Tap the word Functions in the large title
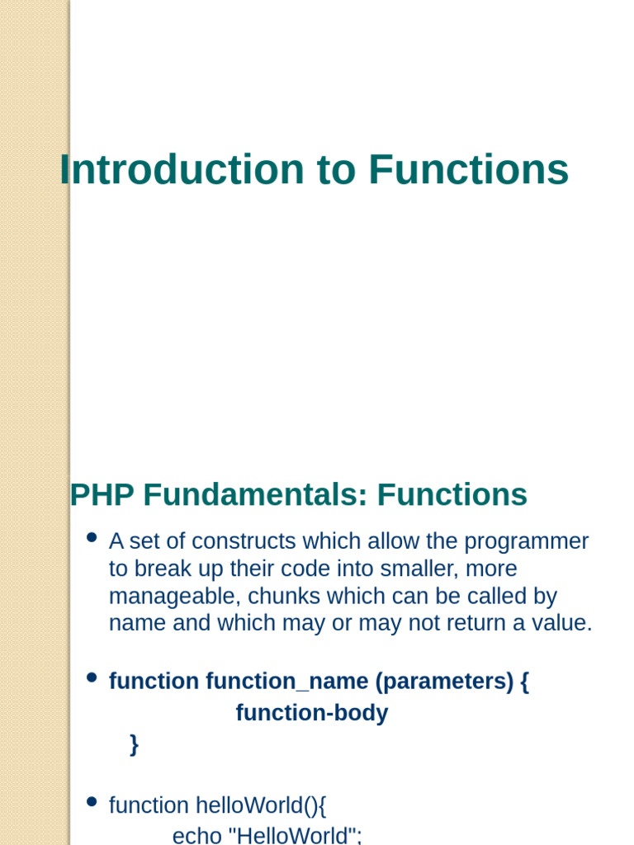[469, 170]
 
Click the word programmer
[527, 541]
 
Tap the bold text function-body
[312, 713]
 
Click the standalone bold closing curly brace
[134, 744]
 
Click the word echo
[196, 835]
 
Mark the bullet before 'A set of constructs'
[92, 538]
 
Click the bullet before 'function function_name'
[92, 678]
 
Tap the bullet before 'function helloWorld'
[92, 802]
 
